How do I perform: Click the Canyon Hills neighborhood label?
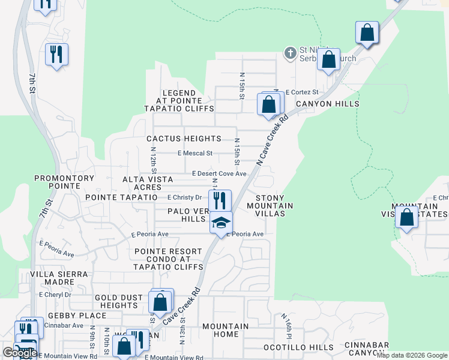pyautogui.click(x=327, y=104)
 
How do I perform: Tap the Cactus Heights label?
pyautogui.click(x=184, y=139)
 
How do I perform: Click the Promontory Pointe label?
pyautogui.click(x=64, y=182)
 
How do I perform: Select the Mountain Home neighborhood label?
pyautogui.click(x=225, y=330)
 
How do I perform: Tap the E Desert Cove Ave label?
pyautogui.click(x=219, y=173)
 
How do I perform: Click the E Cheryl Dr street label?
pyautogui.click(x=55, y=295)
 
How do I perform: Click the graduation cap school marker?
pyautogui.click(x=221, y=223)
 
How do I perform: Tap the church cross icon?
pyautogui.click(x=290, y=53)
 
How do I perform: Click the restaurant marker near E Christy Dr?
pyautogui.click(x=220, y=200)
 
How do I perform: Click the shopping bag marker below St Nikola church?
pyautogui.click(x=328, y=59)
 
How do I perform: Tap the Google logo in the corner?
pyautogui.click(x=19, y=353)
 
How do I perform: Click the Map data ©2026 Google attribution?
pyautogui.click(x=412, y=355)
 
